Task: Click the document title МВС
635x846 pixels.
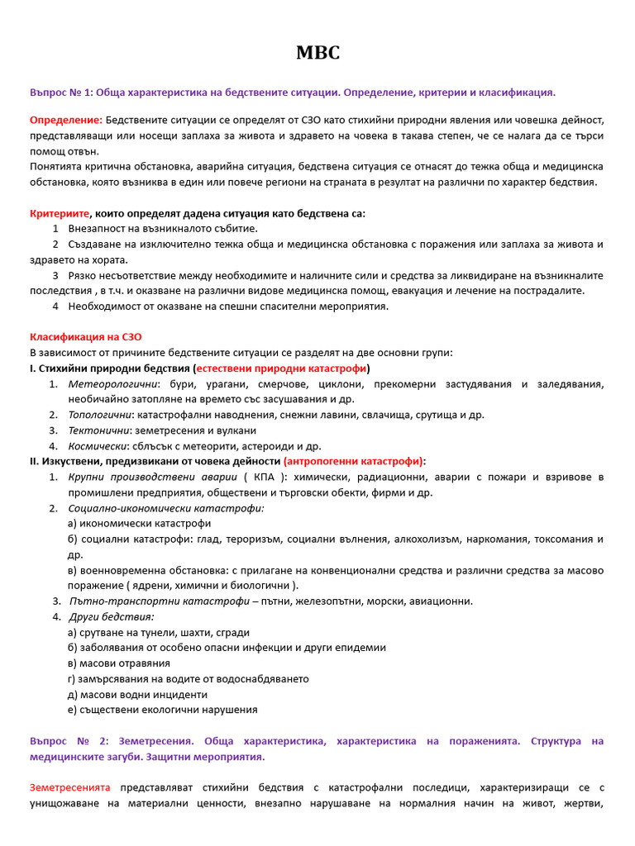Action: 317,54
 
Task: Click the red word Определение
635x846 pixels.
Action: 66,121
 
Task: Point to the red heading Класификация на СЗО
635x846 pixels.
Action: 86,337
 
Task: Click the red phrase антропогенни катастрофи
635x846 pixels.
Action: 354,461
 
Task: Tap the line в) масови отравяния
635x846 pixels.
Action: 119,663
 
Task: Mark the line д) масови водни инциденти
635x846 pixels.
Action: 137,694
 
